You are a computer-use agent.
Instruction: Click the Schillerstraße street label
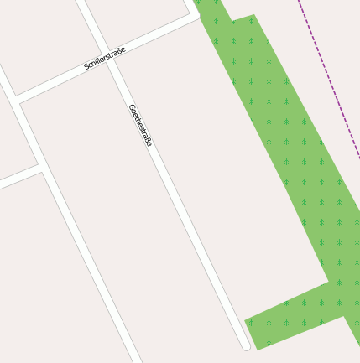(105, 59)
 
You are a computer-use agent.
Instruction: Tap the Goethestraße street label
(140, 125)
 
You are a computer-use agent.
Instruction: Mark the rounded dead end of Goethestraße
(246, 345)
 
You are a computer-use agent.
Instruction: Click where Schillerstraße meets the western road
(17, 100)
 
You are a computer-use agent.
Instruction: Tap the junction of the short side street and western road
(41, 167)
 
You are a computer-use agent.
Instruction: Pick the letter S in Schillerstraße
(86, 67)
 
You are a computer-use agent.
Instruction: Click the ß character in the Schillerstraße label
(117, 53)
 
